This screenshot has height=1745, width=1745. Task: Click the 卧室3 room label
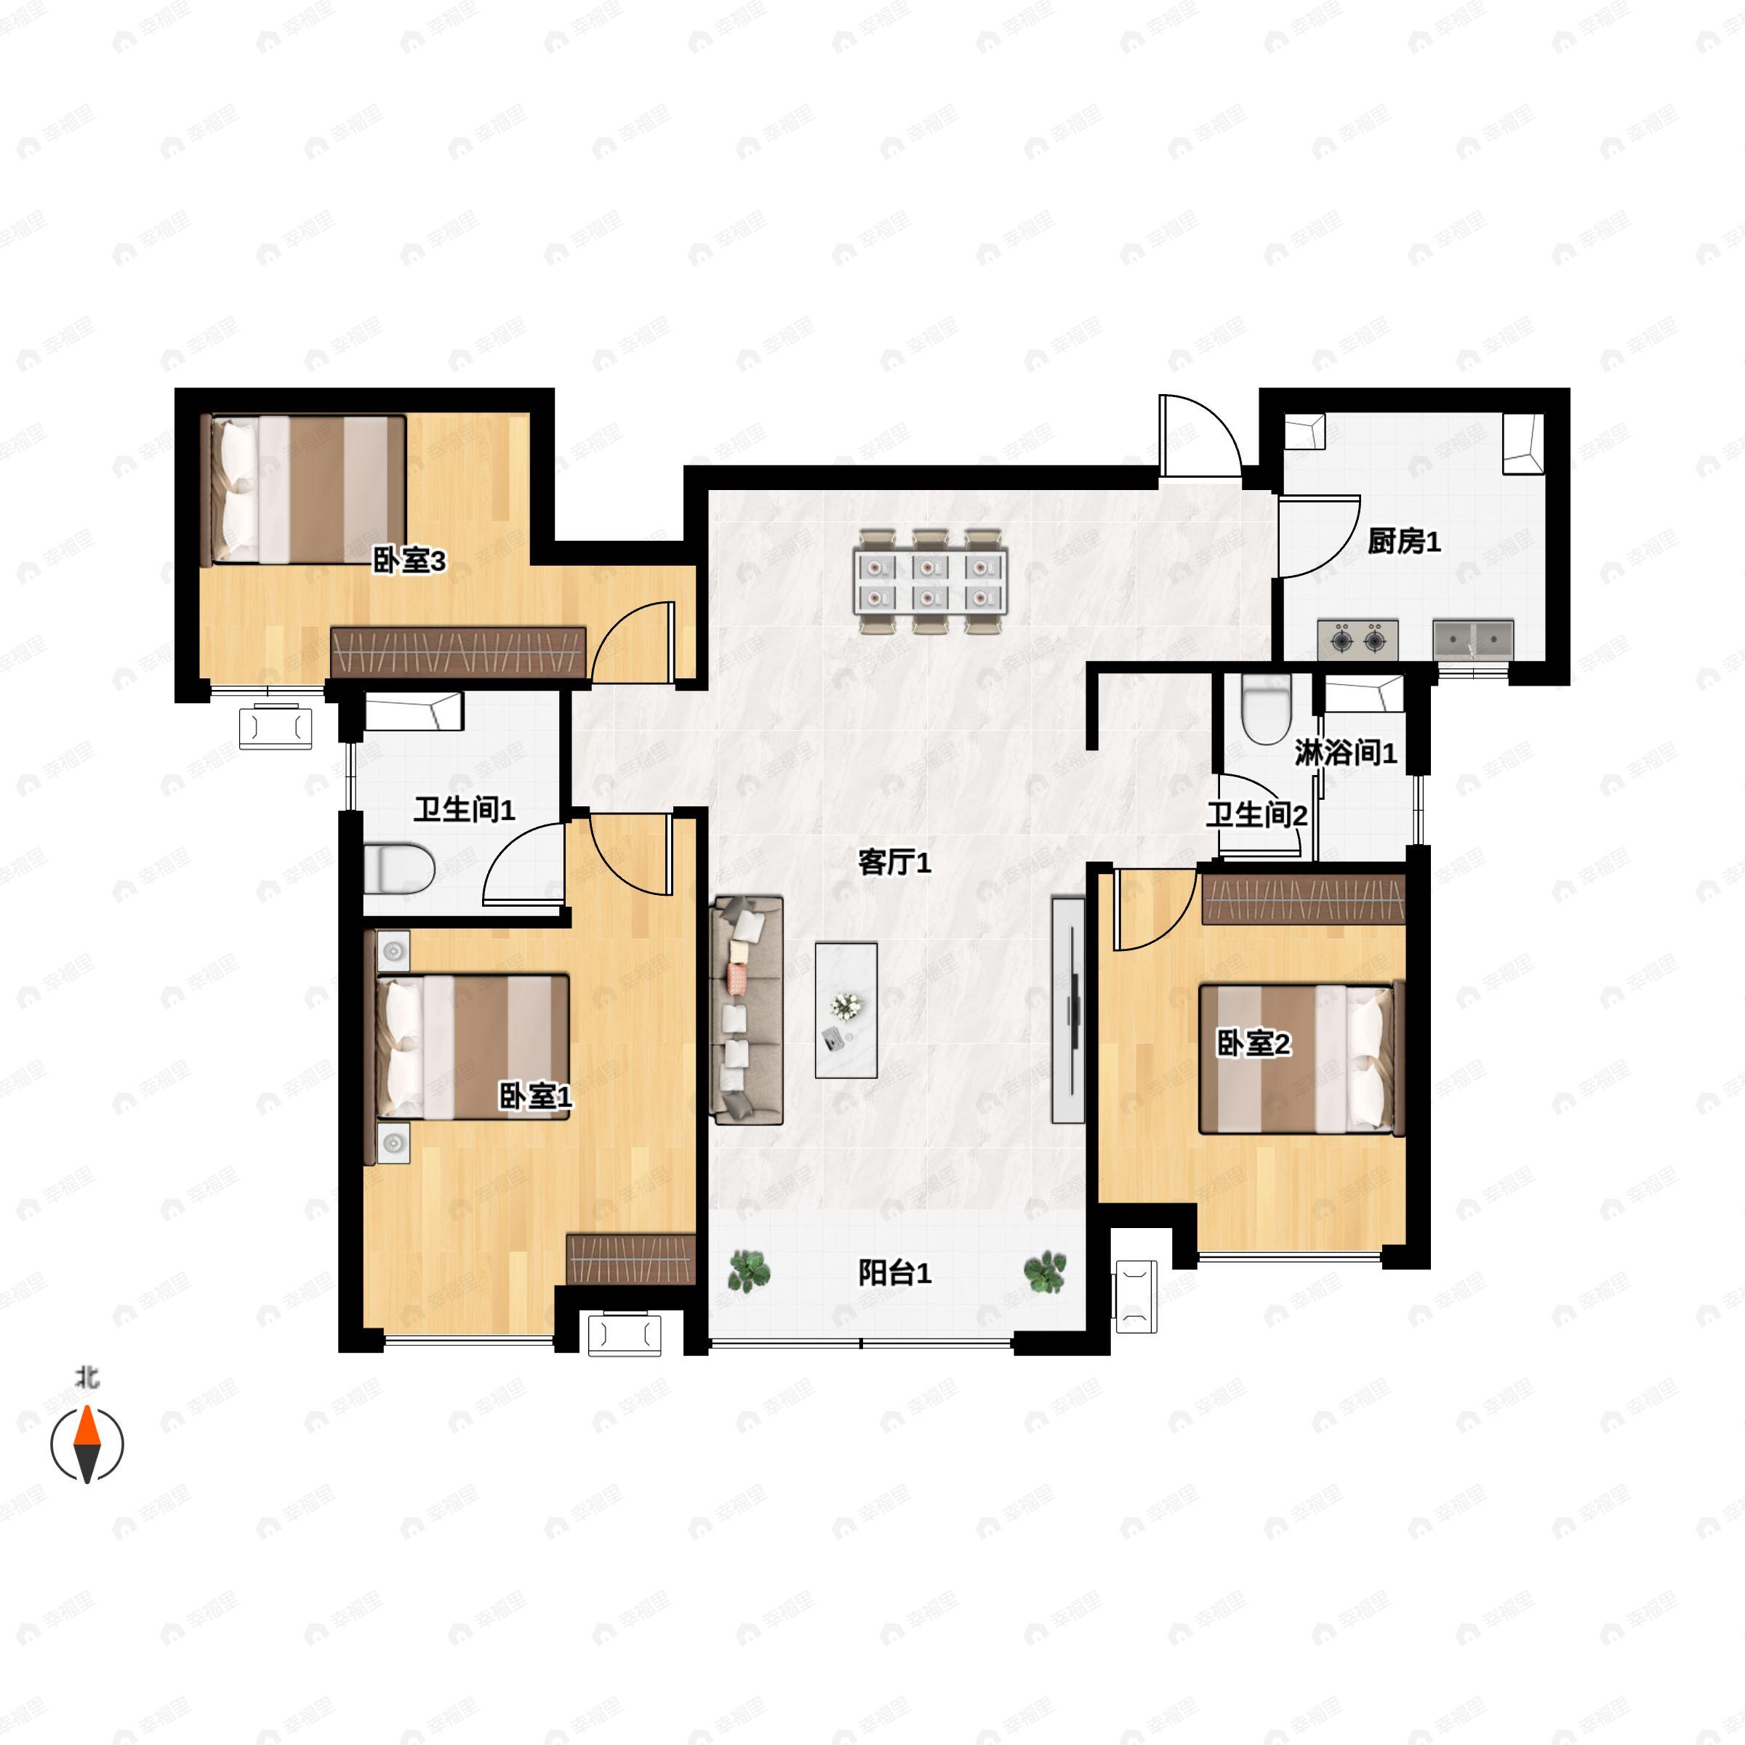[x=409, y=561]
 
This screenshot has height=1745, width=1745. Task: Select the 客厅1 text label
[x=894, y=862]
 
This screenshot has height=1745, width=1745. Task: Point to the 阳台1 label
[x=894, y=1274]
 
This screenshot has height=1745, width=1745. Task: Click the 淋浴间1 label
[x=1346, y=753]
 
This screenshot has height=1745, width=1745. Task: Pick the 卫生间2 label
[x=1256, y=816]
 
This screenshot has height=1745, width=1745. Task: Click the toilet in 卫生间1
[x=399, y=868]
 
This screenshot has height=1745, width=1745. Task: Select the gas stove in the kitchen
[x=1357, y=641]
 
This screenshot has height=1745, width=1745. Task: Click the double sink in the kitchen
[x=1473, y=640]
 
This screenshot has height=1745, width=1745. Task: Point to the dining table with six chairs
[x=931, y=582]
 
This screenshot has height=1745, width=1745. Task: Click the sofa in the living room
[x=747, y=1010]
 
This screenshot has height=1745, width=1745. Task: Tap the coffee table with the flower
[x=846, y=1010]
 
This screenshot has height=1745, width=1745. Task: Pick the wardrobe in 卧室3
[x=458, y=651]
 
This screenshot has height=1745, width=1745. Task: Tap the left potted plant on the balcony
[x=749, y=1272]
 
